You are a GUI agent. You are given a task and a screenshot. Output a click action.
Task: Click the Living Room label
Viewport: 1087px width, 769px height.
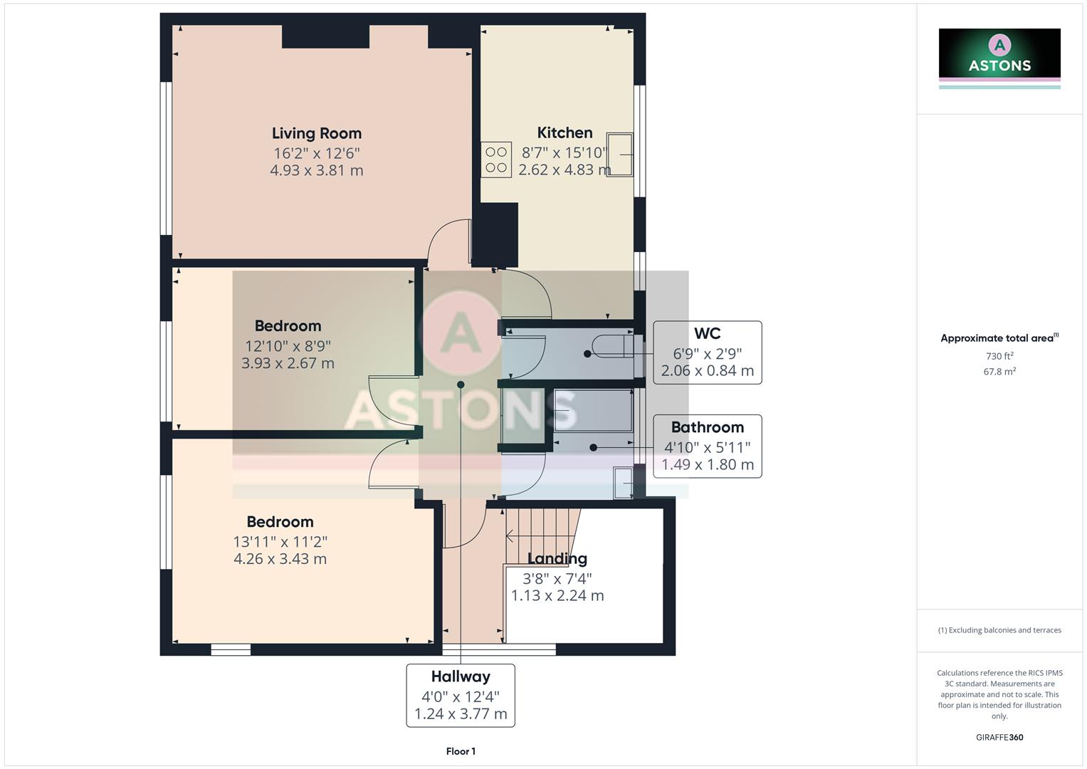[317, 133]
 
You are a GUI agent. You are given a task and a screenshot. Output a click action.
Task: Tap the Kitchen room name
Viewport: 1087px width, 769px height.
[564, 132]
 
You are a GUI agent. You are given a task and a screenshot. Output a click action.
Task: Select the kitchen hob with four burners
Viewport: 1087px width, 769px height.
[496, 160]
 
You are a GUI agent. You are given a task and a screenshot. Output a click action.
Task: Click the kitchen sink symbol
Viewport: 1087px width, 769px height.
[619, 154]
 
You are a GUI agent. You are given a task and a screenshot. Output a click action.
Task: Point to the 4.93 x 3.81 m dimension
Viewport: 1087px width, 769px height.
[317, 170]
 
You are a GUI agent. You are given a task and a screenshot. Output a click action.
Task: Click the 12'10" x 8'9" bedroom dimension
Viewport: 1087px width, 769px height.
[288, 346]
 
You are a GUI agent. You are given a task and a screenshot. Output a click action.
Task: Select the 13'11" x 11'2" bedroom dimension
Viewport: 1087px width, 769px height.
[280, 542]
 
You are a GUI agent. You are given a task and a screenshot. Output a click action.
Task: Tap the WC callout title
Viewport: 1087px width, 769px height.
[707, 333]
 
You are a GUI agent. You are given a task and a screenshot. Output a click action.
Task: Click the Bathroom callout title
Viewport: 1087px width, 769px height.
[707, 427]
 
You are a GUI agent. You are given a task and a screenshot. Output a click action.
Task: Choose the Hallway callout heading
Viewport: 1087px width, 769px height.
[461, 676]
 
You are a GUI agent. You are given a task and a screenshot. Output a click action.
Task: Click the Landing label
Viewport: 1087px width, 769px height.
[557, 559]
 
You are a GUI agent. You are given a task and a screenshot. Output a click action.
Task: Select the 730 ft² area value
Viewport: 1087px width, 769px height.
[999, 356]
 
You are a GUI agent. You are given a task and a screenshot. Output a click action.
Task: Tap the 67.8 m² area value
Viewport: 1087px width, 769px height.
[999, 371]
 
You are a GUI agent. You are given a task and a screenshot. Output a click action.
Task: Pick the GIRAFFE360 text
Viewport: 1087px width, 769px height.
[999, 737]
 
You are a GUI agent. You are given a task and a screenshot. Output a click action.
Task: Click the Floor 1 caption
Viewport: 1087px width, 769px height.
[461, 751]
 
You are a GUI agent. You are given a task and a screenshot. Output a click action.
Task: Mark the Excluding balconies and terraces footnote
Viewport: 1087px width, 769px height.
[999, 630]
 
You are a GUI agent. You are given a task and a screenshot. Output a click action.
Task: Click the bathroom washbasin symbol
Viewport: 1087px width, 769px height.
[623, 483]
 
